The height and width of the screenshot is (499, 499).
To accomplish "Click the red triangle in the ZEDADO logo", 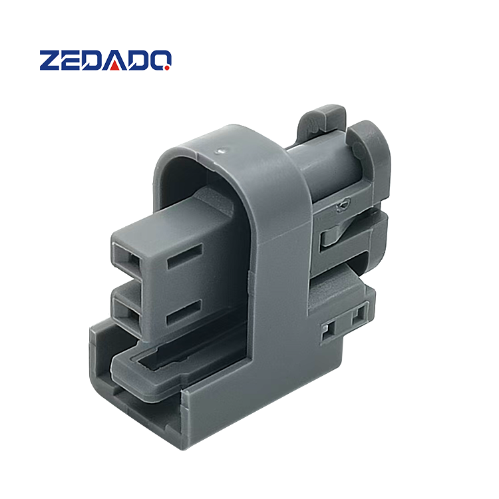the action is tap(116, 65).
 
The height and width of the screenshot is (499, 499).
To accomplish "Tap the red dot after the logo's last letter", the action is tap(167, 67).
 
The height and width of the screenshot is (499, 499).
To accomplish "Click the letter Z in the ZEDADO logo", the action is tap(50, 60).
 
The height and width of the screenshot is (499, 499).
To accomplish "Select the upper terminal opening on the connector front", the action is tap(126, 257).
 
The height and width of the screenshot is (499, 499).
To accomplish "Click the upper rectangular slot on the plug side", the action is tap(184, 256).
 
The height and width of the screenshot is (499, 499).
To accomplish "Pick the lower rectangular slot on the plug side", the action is tap(184, 312).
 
